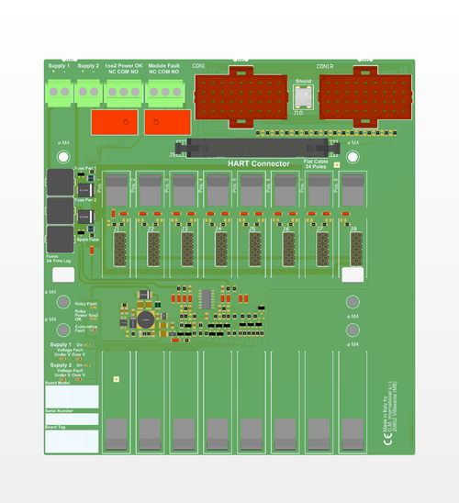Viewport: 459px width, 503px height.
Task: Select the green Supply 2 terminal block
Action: pyautogui.click(x=88, y=89)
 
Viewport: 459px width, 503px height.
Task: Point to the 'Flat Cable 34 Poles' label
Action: pyautogui.click(x=320, y=165)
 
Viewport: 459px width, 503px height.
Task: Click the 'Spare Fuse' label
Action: pyautogui.click(x=87, y=240)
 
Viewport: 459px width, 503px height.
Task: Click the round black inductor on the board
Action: pyautogui.click(x=145, y=319)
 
